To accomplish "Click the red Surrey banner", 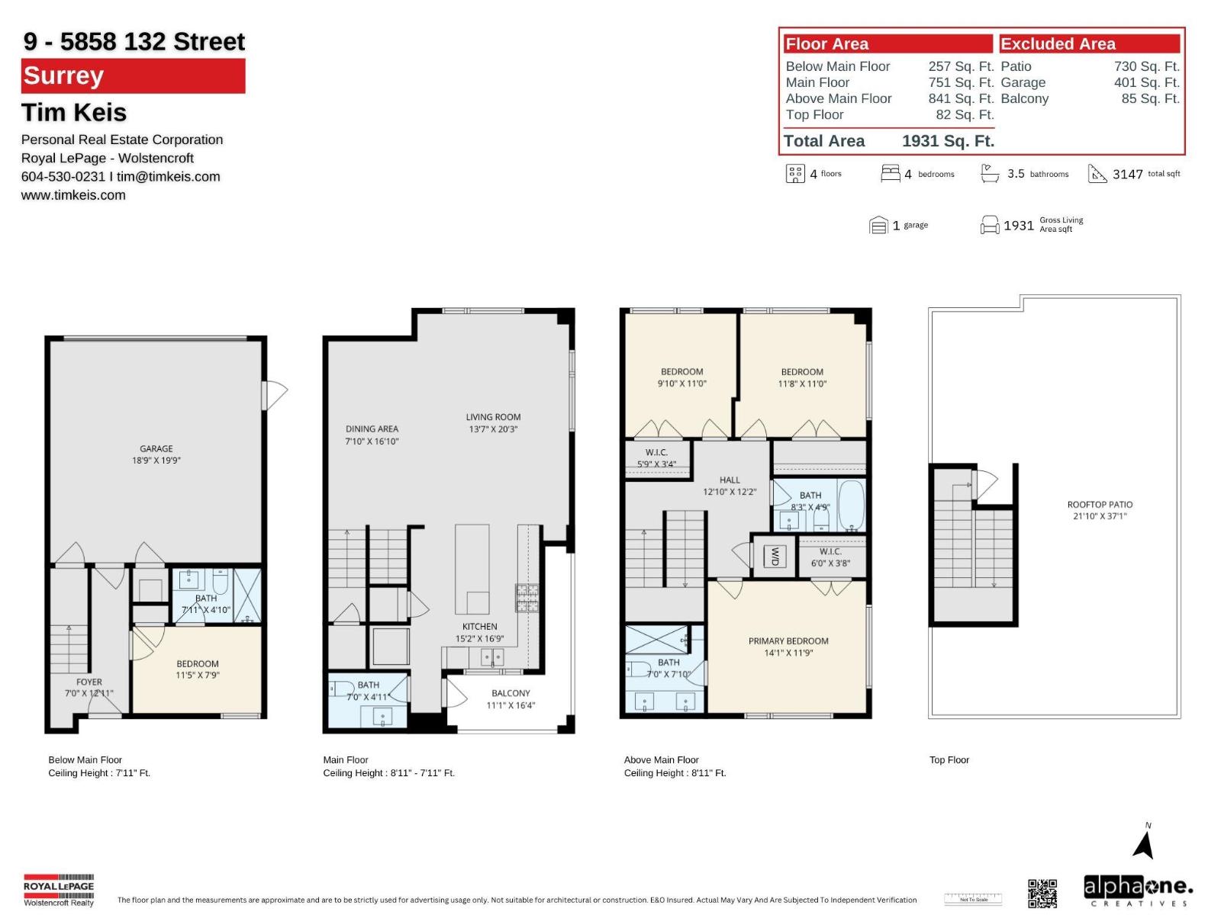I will [x=133, y=76].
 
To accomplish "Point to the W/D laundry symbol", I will [x=775, y=556].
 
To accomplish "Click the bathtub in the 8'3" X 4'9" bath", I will [x=851, y=505].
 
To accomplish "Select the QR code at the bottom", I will [x=1042, y=893].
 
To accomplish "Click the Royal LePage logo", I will [x=59, y=889].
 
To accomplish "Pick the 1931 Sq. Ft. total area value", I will [x=948, y=141].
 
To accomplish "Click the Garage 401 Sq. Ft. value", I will [x=1146, y=82].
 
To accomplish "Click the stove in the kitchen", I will [x=527, y=598].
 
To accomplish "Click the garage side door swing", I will [x=273, y=395].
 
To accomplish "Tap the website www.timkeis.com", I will [x=73, y=195].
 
